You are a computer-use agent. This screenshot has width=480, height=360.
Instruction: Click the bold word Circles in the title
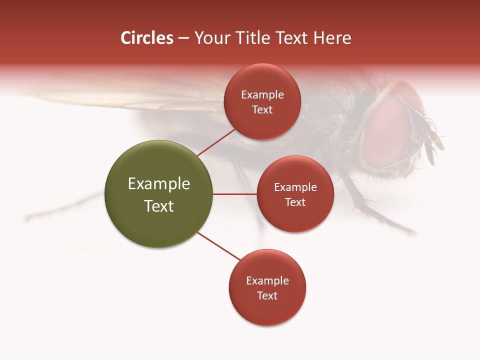coord(146,38)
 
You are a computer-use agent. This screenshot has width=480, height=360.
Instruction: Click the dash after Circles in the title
coord(183,38)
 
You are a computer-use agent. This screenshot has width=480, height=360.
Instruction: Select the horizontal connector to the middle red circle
coord(235,194)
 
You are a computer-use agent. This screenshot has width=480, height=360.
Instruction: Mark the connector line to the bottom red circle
coord(219,246)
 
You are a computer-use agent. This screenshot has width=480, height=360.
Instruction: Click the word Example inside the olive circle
coord(159,184)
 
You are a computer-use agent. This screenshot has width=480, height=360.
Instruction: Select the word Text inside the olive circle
coord(159,206)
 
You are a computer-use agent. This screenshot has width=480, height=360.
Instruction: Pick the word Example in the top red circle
coord(262,95)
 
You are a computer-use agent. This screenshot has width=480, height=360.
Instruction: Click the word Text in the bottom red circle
coord(267,296)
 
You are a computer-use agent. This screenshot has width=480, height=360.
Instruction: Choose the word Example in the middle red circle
coord(295,187)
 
